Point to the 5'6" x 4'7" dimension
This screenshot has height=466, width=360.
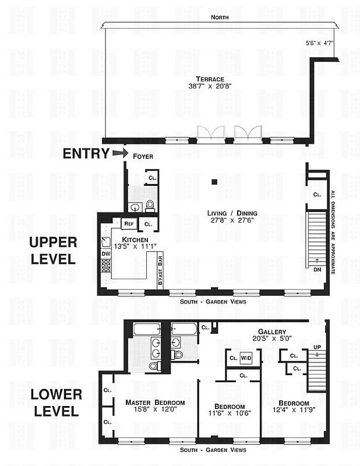coord(320,43)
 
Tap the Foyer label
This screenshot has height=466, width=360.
coord(143,156)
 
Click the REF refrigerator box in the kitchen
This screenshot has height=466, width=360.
coord(129,223)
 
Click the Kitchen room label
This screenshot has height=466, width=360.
coord(135,239)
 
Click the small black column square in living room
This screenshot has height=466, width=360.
coord(215,182)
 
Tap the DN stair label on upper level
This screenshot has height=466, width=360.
coord(316,270)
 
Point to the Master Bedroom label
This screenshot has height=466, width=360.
coord(155,403)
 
